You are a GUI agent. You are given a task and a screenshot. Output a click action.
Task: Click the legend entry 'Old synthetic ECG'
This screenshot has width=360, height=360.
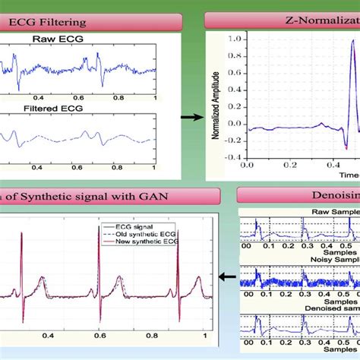click(145, 233)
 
